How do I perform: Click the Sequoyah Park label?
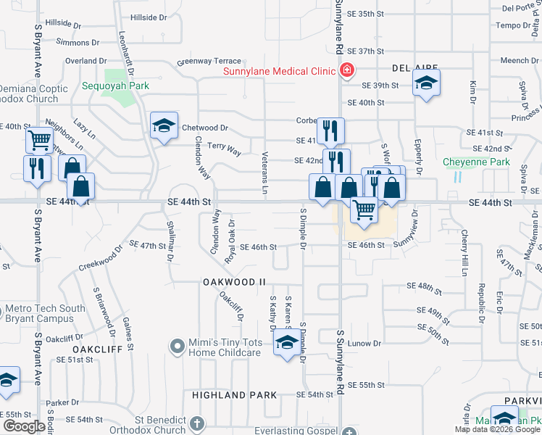[x=117, y=86]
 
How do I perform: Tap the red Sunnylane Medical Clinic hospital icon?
[x=347, y=70]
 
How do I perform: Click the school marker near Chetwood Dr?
[x=164, y=126]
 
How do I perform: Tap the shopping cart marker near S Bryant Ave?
[x=38, y=139]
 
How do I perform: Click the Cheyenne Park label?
[x=477, y=162]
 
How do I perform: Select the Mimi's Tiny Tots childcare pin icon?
[x=177, y=347]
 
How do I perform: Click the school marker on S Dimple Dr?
[x=287, y=342]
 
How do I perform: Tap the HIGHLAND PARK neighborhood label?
[x=235, y=395]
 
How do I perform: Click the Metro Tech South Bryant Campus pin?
[x=1, y=313]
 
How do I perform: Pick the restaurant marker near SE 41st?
[x=330, y=130]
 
